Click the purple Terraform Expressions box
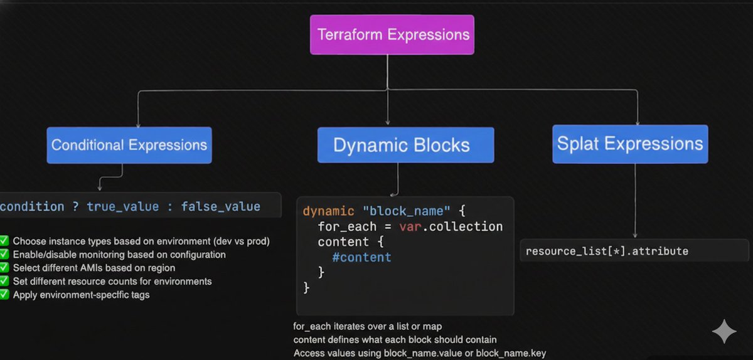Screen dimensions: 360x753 tap(392, 34)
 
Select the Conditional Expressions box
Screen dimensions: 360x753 tap(129, 146)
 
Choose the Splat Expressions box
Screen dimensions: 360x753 tap(630, 144)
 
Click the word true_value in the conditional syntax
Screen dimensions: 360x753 tap(123, 206)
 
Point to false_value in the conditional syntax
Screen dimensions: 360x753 tap(220, 206)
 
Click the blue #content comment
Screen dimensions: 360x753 tap(362, 257)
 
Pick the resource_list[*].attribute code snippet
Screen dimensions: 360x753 tap(607, 251)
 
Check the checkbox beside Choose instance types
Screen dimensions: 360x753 tap(4, 241)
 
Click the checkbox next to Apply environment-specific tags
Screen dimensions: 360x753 tap(4, 294)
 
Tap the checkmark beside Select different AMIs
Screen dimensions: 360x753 tap(4, 268)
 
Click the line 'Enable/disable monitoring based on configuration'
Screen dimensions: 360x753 tap(119, 255)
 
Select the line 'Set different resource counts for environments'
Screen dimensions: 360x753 tap(112, 281)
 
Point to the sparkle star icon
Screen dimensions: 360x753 tap(724, 331)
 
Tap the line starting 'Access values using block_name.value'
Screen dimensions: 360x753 tap(419, 353)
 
